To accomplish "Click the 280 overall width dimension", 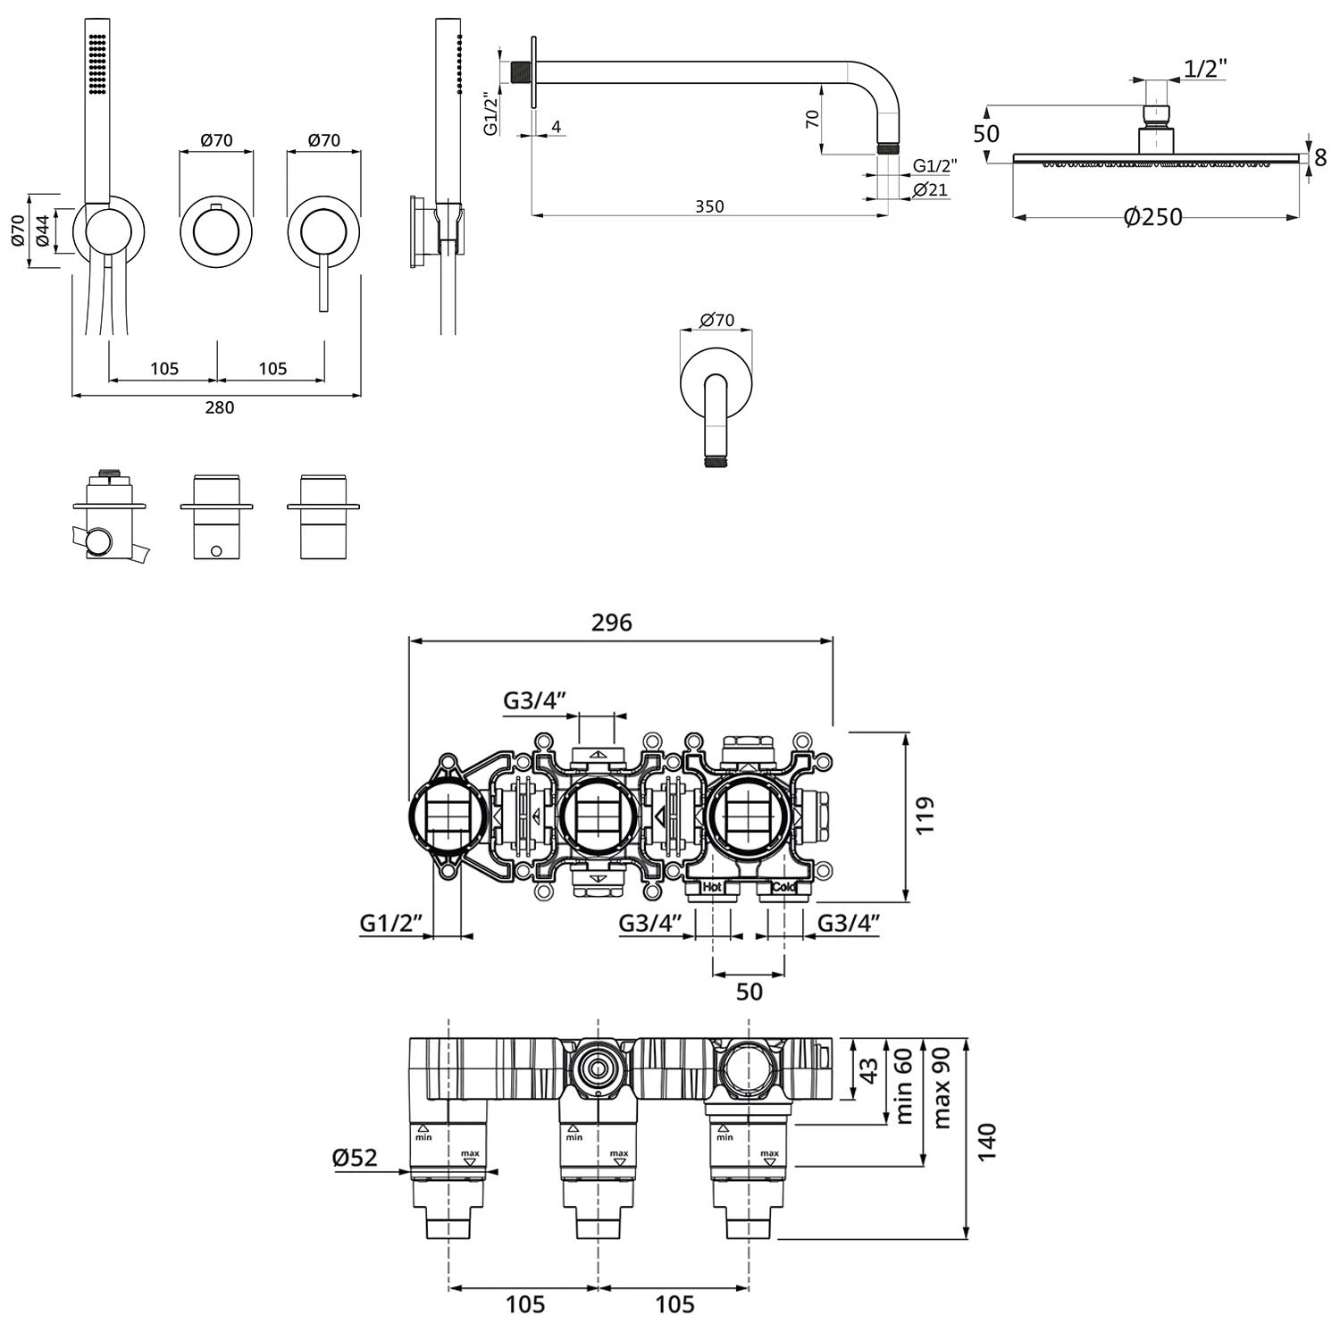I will [x=219, y=407].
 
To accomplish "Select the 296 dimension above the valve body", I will [x=612, y=623].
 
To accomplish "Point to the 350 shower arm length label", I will [x=709, y=206].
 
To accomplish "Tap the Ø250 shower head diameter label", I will [x=1152, y=217].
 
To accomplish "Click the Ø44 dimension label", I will [x=42, y=231].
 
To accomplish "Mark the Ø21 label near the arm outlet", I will [x=930, y=189].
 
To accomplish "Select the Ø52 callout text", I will [x=355, y=1158].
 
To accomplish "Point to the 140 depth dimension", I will [x=986, y=1142].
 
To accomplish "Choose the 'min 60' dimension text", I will [x=903, y=1085].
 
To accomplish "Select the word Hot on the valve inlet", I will [x=711, y=887].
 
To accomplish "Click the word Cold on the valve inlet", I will [x=783, y=887].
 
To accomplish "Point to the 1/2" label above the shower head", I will [x=1205, y=69].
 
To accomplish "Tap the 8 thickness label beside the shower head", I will [x=1319, y=158].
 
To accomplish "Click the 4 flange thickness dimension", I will [x=556, y=127].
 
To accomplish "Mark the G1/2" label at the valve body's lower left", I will [x=390, y=923].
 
